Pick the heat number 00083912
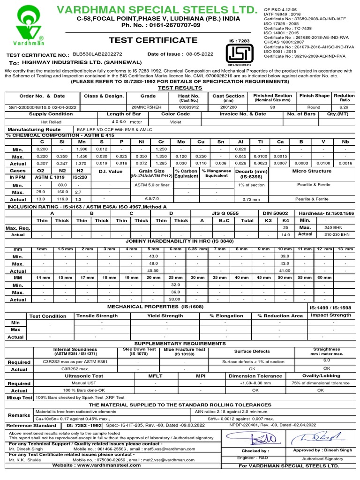[188, 107]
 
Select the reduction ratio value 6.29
[344, 107]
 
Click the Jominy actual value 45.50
[153, 271]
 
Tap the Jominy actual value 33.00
[174, 300]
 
